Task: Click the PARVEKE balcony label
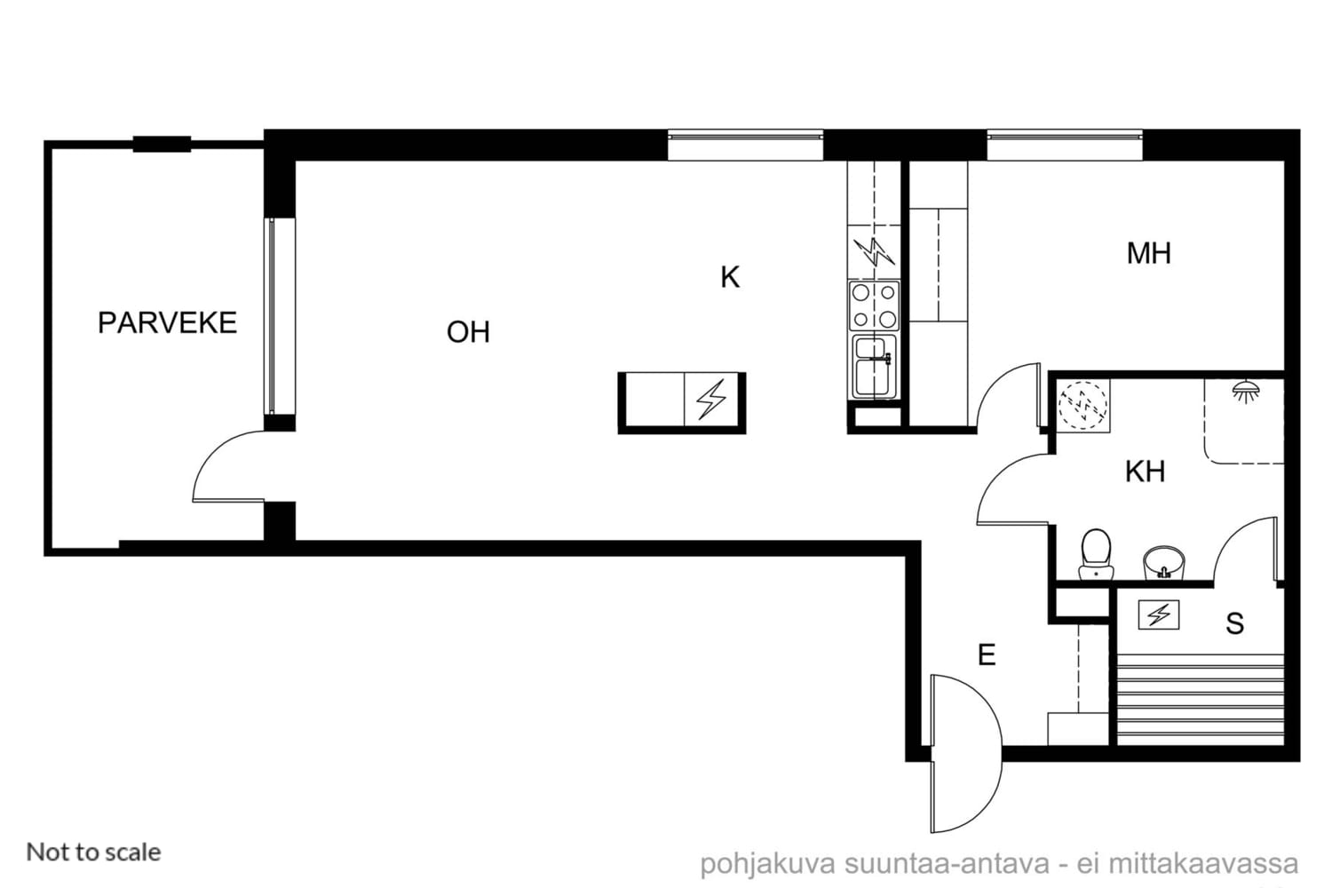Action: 167,323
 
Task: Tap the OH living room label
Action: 468,332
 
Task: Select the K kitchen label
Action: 730,277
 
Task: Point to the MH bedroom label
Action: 1149,253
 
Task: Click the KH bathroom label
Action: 1145,472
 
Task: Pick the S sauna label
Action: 1234,624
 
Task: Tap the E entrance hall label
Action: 987,655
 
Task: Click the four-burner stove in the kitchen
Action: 874,305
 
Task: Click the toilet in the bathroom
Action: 1096,554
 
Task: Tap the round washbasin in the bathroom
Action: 1163,563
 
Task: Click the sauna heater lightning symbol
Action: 1158,615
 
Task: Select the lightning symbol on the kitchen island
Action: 712,399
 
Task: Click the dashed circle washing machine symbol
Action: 1083,405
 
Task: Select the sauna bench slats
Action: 1200,698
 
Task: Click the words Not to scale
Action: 93,852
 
